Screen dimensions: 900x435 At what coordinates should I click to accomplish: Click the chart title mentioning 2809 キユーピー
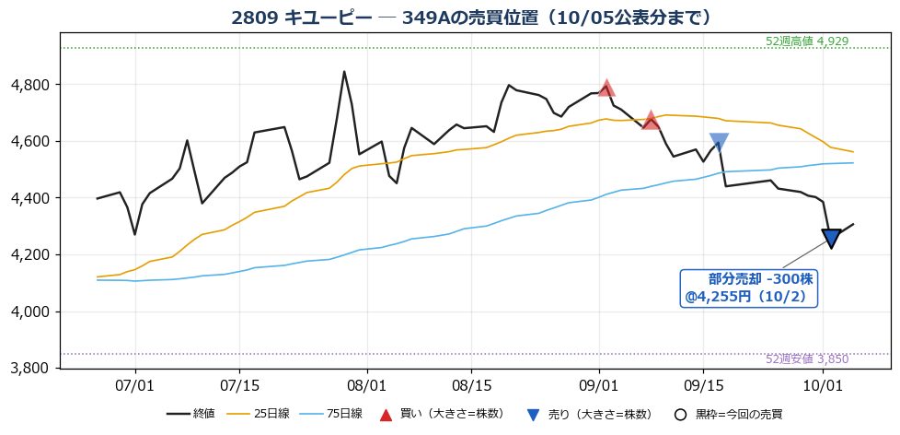point(471,18)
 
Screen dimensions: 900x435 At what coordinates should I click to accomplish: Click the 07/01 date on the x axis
point(135,382)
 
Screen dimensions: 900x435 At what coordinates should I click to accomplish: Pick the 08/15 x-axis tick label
point(471,382)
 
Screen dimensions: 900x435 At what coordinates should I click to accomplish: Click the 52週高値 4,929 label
point(807,41)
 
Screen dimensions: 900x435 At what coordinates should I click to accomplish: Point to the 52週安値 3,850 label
point(807,359)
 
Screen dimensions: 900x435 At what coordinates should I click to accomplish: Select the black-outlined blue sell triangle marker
point(831,238)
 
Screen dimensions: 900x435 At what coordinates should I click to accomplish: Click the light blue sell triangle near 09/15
point(719,141)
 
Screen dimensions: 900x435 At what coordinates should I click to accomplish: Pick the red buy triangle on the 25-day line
point(651,121)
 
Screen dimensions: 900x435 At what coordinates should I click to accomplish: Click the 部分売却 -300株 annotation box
point(748,288)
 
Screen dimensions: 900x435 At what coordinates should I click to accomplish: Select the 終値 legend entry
point(190,414)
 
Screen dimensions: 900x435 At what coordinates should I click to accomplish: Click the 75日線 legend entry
point(337,414)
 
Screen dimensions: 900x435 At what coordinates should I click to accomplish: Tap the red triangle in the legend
point(387,415)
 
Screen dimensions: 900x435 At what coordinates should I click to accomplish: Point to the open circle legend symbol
point(680,415)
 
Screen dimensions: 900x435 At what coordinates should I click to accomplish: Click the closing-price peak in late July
point(344,72)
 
